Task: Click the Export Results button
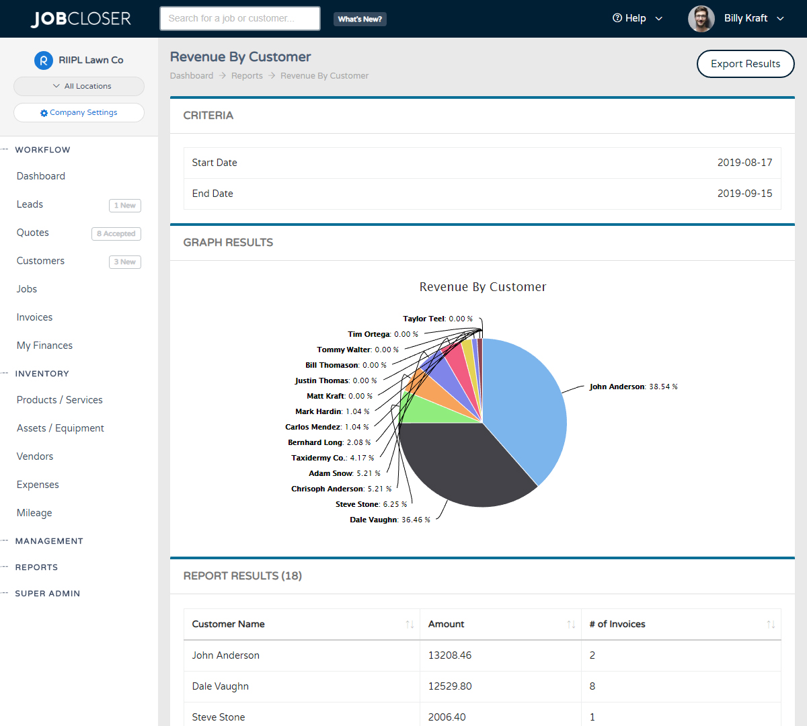tap(745, 64)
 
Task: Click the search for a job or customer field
tap(239, 19)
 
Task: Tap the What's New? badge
tap(360, 19)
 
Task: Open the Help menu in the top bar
tap(636, 18)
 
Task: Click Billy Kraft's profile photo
tap(701, 19)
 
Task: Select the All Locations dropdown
tap(79, 86)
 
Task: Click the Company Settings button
tap(79, 112)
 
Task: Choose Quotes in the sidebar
tap(33, 233)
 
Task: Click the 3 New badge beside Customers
tap(124, 262)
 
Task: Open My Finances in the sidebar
tap(44, 346)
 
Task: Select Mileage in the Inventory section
tap(34, 513)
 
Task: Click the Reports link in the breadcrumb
tap(247, 76)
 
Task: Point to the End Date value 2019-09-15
tap(744, 194)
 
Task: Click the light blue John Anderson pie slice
tap(528, 410)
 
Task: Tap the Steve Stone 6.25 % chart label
tap(371, 504)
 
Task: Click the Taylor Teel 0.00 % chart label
tap(437, 319)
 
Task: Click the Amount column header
tap(447, 624)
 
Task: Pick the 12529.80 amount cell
tap(450, 686)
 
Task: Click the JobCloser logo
tap(81, 19)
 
